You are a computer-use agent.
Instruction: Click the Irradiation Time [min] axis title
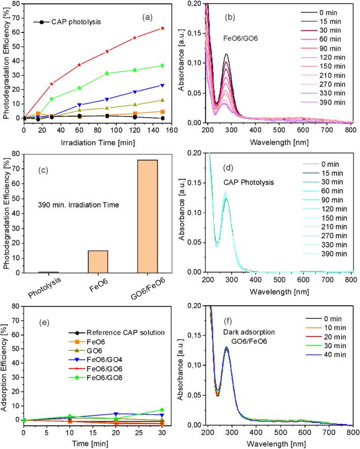(93, 139)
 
